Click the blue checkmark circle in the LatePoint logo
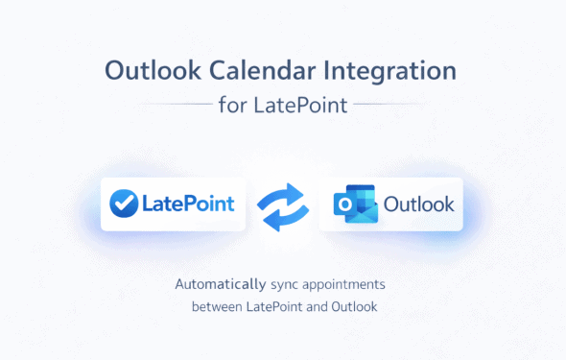click(124, 204)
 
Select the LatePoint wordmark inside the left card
click(188, 204)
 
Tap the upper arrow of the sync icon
click(285, 193)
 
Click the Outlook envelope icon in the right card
click(352, 204)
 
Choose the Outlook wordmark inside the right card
click(419, 204)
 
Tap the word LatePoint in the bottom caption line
click(276, 307)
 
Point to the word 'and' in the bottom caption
click(318, 307)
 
